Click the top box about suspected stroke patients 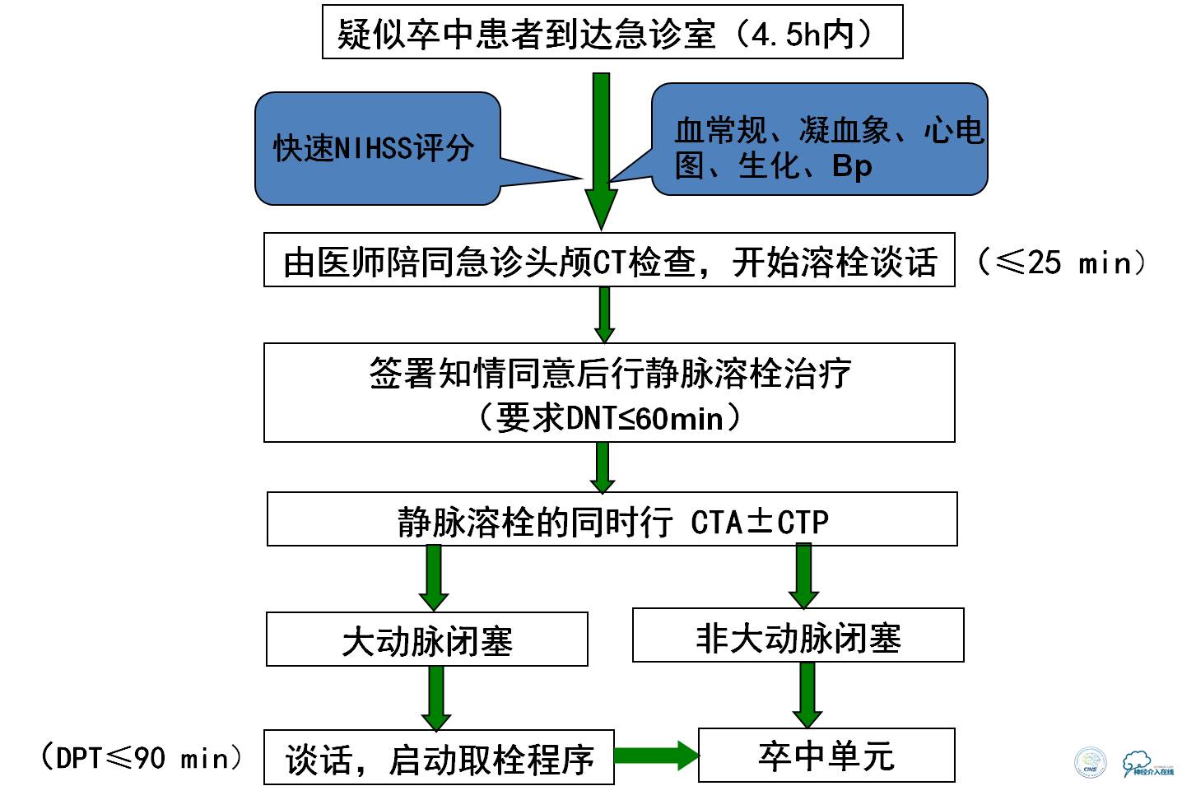pyautogui.click(x=612, y=32)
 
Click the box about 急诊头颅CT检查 pyautogui.click(x=609, y=260)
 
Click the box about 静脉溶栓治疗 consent pyautogui.click(x=609, y=375)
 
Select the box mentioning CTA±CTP pyautogui.click(x=612, y=519)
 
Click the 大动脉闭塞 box pyautogui.click(x=426, y=639)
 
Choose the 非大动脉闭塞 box pyautogui.click(x=798, y=635)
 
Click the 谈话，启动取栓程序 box pyautogui.click(x=439, y=757)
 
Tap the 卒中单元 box pyautogui.click(x=826, y=755)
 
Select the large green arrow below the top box pyautogui.click(x=602, y=148)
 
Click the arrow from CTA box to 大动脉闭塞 pyautogui.click(x=434, y=577)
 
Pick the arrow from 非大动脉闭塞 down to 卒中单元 pyautogui.click(x=807, y=695)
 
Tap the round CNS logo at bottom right pyautogui.click(x=1091, y=761)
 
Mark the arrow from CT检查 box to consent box pyautogui.click(x=604, y=314)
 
